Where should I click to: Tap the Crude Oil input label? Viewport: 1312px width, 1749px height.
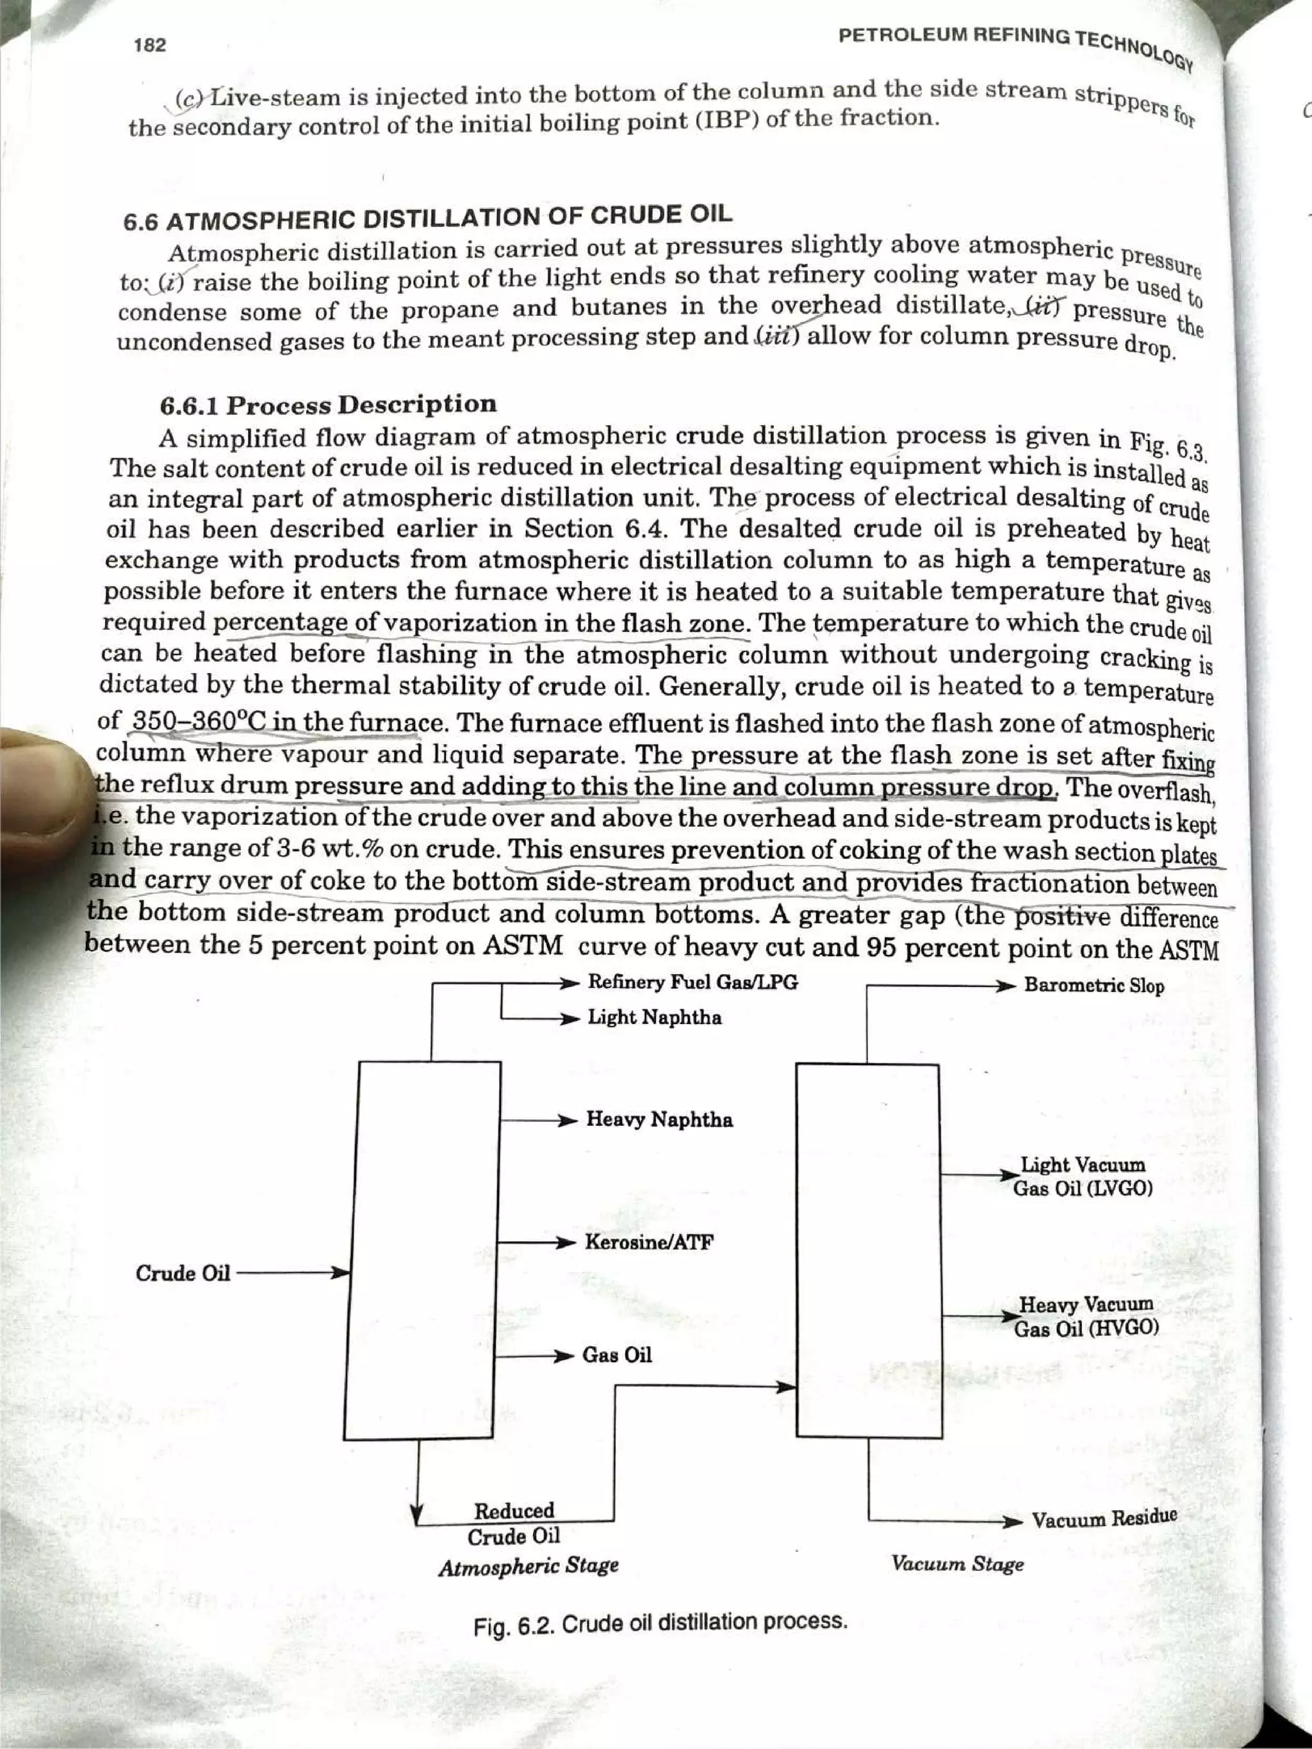pos(183,1273)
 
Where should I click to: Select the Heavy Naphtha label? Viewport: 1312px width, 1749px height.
pos(659,1119)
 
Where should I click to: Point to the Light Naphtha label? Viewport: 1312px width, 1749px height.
pos(654,1018)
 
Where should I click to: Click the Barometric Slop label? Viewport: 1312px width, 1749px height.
pos(1094,986)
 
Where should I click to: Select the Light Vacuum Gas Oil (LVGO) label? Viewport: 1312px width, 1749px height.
pos(1083,1176)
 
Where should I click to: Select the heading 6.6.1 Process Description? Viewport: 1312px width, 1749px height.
pos(328,405)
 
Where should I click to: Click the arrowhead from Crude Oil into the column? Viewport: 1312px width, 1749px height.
pos(341,1273)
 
